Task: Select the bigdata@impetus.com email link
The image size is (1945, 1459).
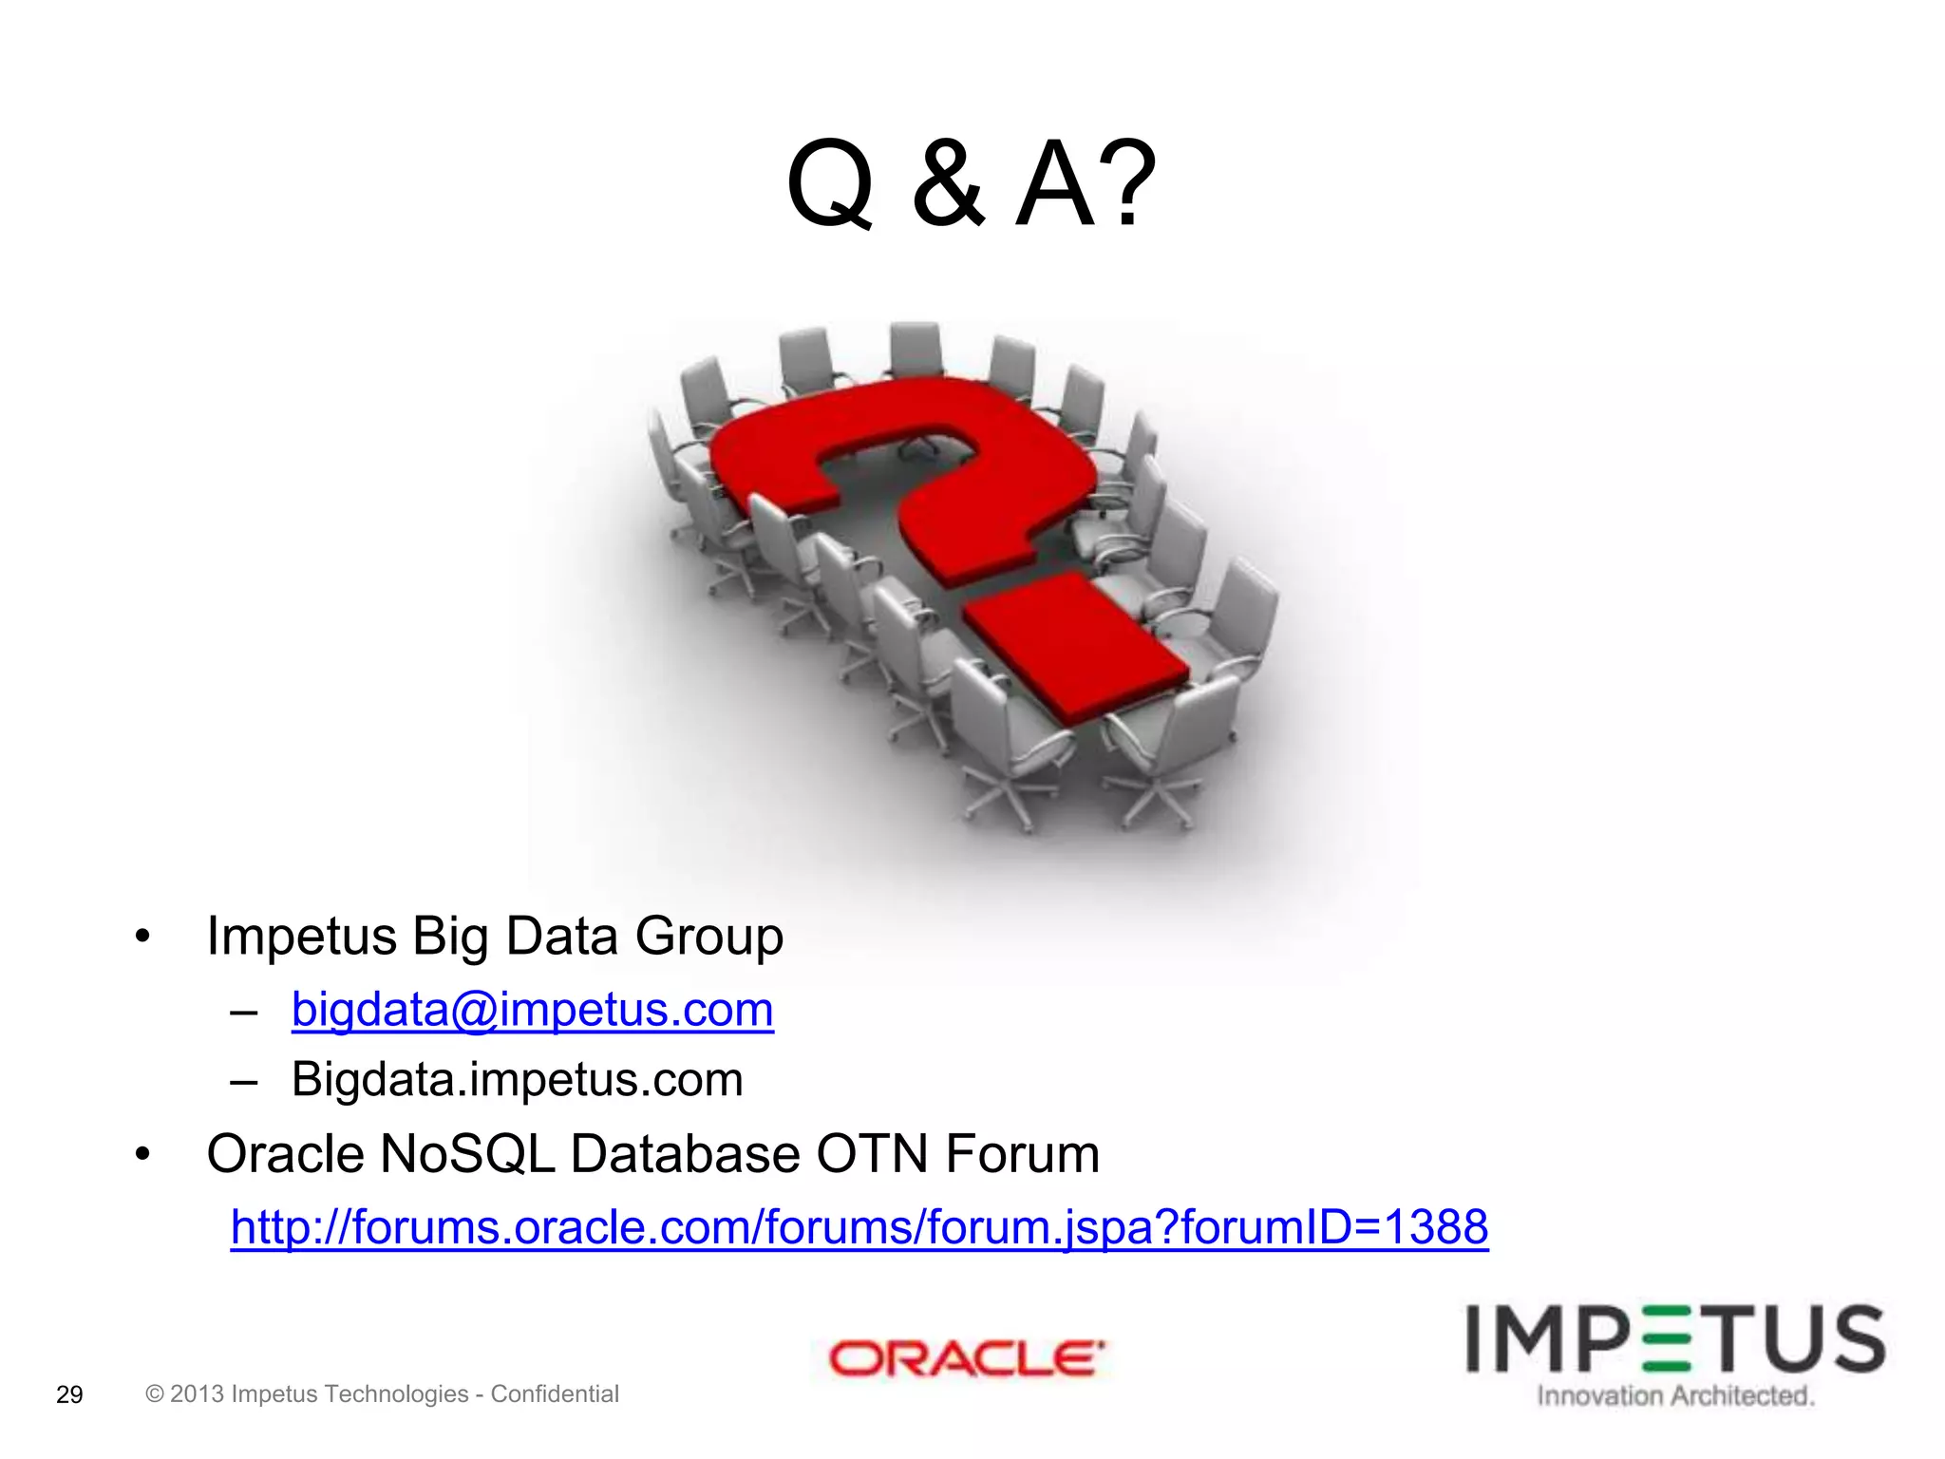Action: pyautogui.click(x=532, y=1009)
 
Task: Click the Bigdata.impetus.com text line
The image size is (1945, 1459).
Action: pyautogui.click(x=517, y=1080)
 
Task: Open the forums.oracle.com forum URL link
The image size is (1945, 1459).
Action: pyautogui.click(x=859, y=1226)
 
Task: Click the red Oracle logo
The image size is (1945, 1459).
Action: pyautogui.click(x=967, y=1358)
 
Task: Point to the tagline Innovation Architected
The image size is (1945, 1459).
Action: pyautogui.click(x=1675, y=1396)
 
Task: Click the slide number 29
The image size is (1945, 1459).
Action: pyautogui.click(x=69, y=1394)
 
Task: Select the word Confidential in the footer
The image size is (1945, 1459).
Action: pyautogui.click(x=555, y=1393)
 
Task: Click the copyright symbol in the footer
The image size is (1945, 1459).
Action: pyautogui.click(x=155, y=1393)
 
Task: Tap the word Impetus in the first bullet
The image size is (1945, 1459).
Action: pyautogui.click(x=301, y=937)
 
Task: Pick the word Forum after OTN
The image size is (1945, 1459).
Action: pyautogui.click(x=1022, y=1154)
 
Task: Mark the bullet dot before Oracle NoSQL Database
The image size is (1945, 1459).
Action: pyautogui.click(x=142, y=1155)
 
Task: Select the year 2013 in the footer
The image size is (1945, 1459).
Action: pyautogui.click(x=197, y=1393)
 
